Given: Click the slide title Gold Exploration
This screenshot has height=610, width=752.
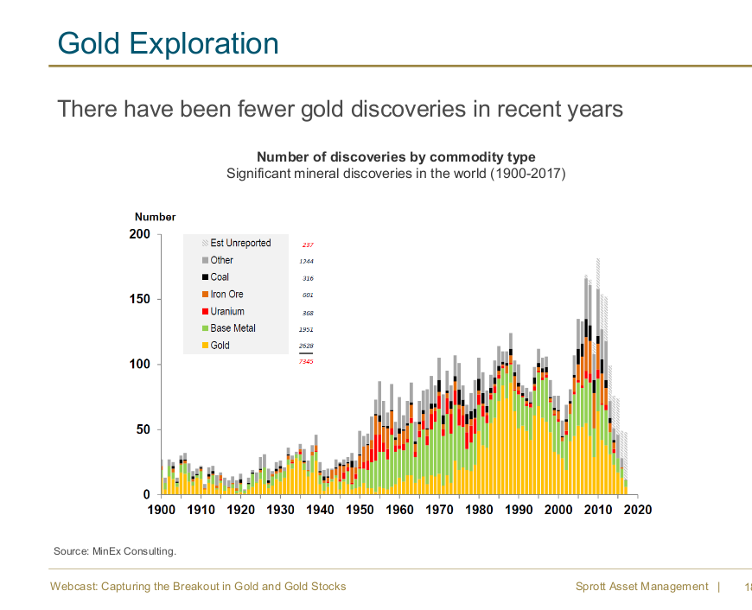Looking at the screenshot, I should click(169, 43).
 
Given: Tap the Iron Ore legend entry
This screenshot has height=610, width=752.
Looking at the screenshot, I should click(226, 295).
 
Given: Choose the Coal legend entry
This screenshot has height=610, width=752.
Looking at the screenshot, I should click(220, 277).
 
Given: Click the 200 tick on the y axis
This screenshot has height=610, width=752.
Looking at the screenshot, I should click(140, 234).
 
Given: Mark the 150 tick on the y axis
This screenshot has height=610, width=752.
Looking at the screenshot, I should click(140, 299).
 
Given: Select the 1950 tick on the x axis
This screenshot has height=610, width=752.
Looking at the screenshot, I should click(360, 510).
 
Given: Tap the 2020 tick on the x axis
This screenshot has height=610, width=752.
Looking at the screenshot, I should click(637, 510).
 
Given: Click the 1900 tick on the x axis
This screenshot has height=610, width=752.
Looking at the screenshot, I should click(162, 510).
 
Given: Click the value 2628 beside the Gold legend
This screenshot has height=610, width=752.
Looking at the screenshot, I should click(306, 346).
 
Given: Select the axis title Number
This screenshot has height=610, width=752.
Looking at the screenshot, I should click(155, 217).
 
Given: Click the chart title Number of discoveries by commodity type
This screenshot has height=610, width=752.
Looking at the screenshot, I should click(396, 157).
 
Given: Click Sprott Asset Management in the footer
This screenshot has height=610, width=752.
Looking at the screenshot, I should click(641, 587).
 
